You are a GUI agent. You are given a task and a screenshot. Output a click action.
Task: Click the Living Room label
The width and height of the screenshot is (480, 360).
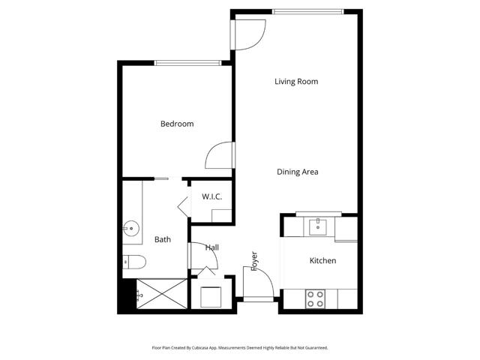pos(297,82)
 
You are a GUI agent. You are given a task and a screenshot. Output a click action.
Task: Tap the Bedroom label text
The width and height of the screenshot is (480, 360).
pos(177,124)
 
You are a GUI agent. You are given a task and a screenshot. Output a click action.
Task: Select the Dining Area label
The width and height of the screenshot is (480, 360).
pos(298,172)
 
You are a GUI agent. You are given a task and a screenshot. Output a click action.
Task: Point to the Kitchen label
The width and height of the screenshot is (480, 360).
pos(322,260)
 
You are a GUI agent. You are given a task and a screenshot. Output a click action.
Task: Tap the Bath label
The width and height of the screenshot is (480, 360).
pos(163,240)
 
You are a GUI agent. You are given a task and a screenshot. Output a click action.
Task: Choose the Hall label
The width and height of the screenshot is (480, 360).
pos(212,247)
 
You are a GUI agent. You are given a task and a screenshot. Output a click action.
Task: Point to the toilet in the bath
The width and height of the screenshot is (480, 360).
pos(133,262)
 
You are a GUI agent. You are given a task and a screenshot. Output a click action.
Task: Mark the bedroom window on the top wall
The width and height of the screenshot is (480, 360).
pos(187,63)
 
